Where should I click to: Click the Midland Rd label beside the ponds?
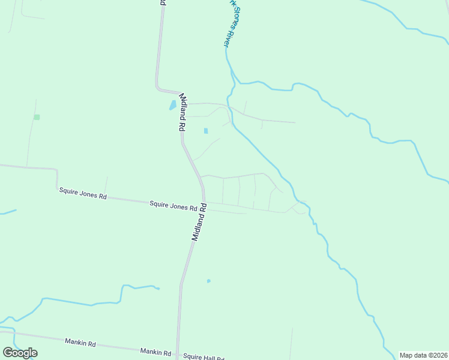[181, 112]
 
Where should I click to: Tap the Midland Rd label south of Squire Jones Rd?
[199, 222]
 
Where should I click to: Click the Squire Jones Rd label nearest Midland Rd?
[173, 206]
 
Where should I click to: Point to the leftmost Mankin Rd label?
[80, 343]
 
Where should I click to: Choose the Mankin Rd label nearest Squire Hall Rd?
[155, 352]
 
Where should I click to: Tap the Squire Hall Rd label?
[203, 357]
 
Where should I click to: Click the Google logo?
[20, 353]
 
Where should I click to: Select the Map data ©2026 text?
[423, 355]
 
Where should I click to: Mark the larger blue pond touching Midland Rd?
[173, 105]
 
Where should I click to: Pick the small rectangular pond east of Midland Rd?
[206, 131]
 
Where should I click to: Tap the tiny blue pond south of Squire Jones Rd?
[208, 281]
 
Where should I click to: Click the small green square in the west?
[37, 117]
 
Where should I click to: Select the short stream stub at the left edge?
[7, 212]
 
